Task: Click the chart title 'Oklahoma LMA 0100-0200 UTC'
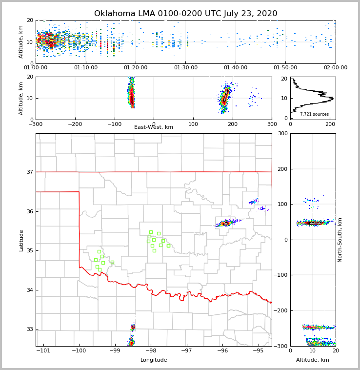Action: [x=185, y=14]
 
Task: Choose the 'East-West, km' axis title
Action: [x=154, y=127]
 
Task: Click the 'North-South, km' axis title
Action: [x=340, y=240]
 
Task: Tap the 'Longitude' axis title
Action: [x=154, y=360]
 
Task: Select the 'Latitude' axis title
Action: [x=21, y=240]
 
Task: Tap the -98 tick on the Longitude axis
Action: [x=150, y=351]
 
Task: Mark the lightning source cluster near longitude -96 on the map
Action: [x=226, y=223]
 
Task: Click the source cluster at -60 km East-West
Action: [x=131, y=93]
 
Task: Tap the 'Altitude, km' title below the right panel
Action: [x=313, y=360]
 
